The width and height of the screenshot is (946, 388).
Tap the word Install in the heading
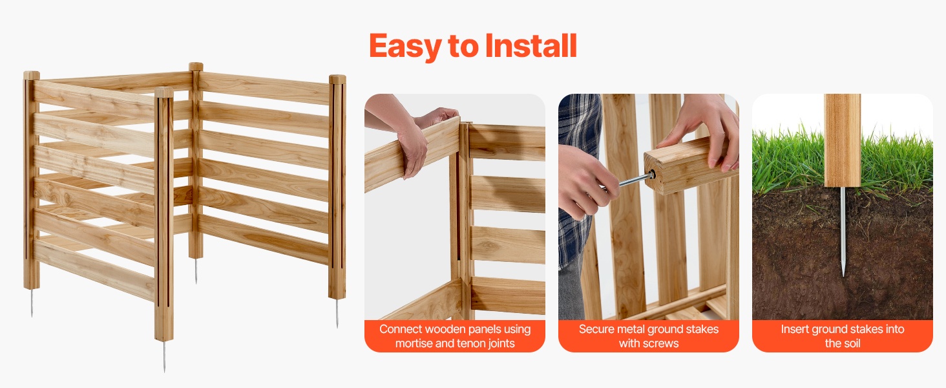tap(531, 45)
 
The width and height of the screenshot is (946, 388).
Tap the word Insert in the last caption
tap(795, 329)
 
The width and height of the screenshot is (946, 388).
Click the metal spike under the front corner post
tap(164, 356)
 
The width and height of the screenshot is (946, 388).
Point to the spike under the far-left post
tap(32, 303)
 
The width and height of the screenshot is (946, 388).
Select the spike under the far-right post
tap(337, 313)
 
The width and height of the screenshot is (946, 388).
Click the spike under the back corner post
tap(196, 271)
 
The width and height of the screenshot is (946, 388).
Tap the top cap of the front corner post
tap(164, 92)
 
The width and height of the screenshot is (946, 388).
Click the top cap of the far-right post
tap(337, 80)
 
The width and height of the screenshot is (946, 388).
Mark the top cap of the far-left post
tap(32, 75)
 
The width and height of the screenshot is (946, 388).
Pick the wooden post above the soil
tap(843, 140)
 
